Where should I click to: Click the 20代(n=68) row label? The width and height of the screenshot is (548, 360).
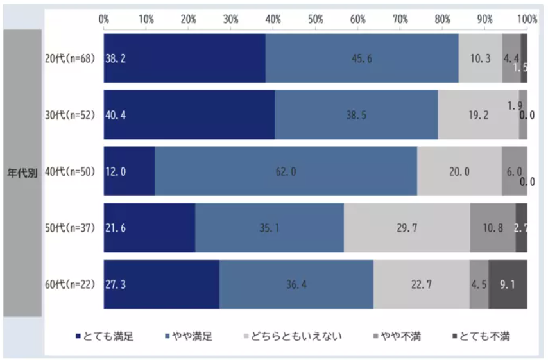point(70,58)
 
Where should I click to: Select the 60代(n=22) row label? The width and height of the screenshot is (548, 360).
point(70,284)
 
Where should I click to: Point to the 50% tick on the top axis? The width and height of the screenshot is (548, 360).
point(315,19)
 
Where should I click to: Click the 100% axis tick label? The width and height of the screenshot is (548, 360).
point(526,19)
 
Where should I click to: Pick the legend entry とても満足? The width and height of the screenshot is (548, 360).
point(104,336)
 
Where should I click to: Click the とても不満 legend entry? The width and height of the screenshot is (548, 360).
point(481,336)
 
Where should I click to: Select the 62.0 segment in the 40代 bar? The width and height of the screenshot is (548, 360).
point(286,171)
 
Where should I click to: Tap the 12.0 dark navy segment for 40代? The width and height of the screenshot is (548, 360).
point(129,171)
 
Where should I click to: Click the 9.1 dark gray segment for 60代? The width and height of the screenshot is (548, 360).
point(508,284)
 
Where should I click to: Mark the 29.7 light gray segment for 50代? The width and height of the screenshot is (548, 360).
point(407,228)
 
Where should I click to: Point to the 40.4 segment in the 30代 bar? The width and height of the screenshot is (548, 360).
point(189,115)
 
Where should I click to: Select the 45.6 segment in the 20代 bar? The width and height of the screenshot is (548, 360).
point(362,58)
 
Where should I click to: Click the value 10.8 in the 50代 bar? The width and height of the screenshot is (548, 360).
point(492,228)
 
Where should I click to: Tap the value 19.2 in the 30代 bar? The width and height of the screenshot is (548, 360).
point(478,115)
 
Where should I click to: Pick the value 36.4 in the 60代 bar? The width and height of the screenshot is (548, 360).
point(296,284)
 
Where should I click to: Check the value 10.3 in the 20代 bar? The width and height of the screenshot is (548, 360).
point(480,58)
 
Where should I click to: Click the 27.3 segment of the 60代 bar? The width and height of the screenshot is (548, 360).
point(162,284)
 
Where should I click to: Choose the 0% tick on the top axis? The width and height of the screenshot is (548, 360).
point(104,19)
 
